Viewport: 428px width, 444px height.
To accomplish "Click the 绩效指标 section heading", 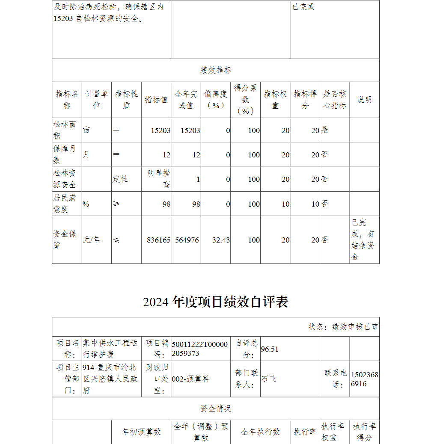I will click(216, 71).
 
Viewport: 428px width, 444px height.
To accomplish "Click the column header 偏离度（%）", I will click(215, 100).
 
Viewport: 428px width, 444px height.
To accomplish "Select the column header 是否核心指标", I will click(334, 100).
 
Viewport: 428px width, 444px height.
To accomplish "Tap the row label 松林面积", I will click(65, 130).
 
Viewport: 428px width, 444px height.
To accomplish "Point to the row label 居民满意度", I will click(65, 204).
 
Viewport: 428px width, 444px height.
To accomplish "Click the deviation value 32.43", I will click(221, 240).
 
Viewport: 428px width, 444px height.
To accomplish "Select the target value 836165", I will click(158, 240).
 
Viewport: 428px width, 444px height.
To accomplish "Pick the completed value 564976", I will click(187, 240).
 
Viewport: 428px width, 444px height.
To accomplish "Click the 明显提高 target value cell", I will click(159, 179).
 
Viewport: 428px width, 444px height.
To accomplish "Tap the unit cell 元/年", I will click(91, 240).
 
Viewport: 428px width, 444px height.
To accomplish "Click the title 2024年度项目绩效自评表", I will click(216, 302).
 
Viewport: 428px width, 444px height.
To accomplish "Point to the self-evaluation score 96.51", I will click(270, 349).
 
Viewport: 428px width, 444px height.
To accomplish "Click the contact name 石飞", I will click(269, 379).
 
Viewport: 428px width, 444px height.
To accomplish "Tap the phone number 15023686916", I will click(364, 379).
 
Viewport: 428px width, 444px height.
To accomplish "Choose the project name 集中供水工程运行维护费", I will click(110, 349).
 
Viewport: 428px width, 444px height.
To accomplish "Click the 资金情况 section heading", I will click(216, 408).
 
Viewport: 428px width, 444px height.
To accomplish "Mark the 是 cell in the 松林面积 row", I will click(325, 130).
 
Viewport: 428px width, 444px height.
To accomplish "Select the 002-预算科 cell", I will click(190, 379).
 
